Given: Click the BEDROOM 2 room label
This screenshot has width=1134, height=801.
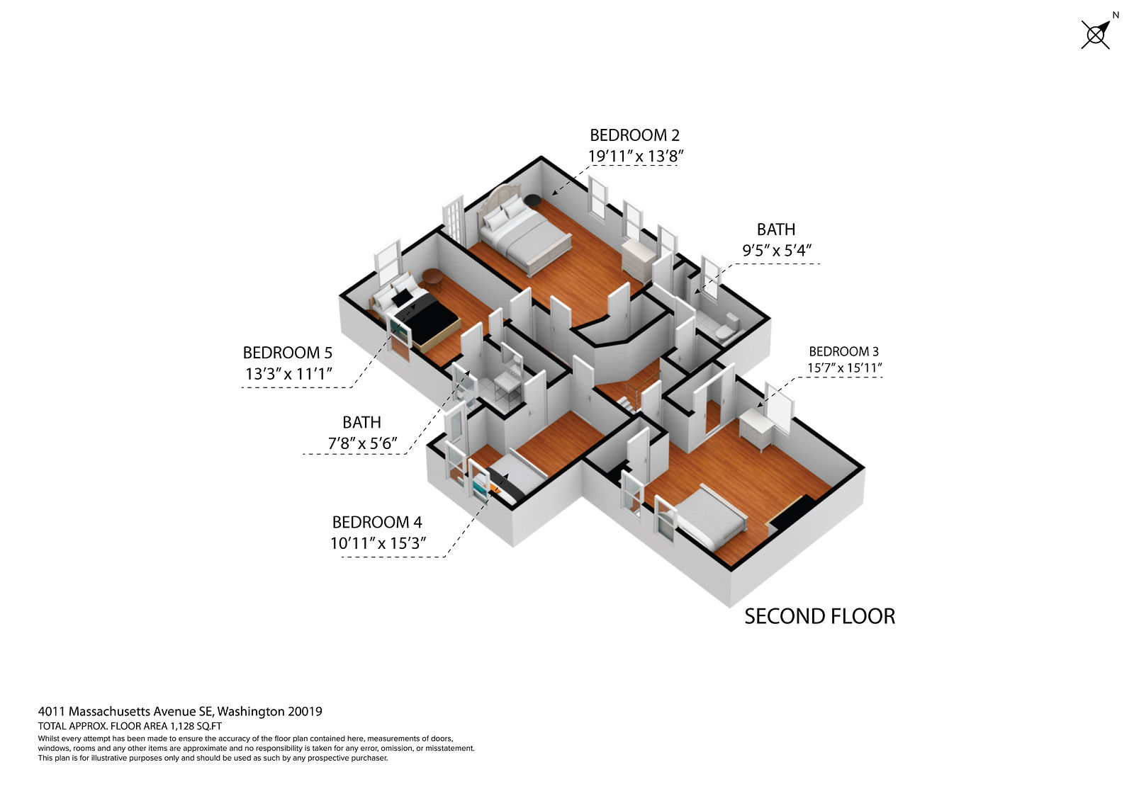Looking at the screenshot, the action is pyautogui.click(x=634, y=135).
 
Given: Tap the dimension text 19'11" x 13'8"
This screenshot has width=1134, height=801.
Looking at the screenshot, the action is pyautogui.click(x=635, y=157).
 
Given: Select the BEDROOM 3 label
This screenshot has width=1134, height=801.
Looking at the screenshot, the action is pyautogui.click(x=843, y=351).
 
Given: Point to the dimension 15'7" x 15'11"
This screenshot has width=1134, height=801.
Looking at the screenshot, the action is pyautogui.click(x=844, y=368).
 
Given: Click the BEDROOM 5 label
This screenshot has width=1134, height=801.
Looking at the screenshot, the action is pyautogui.click(x=288, y=353).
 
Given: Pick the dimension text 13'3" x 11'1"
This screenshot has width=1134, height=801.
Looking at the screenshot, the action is pyautogui.click(x=288, y=374).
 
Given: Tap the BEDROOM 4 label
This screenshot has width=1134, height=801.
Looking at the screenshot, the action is pyautogui.click(x=377, y=522).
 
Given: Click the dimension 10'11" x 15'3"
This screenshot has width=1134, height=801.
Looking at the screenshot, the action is pyautogui.click(x=378, y=543).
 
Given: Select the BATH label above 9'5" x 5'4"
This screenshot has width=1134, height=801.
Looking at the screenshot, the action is pyautogui.click(x=776, y=229).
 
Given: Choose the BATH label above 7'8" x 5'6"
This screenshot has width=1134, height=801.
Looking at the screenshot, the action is pyautogui.click(x=361, y=423).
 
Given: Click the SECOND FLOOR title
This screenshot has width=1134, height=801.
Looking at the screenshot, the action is pyautogui.click(x=819, y=616).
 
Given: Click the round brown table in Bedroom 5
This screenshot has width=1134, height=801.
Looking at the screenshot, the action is pyautogui.click(x=432, y=278).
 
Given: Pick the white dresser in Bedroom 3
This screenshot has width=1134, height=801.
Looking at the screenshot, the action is pyautogui.click(x=756, y=429).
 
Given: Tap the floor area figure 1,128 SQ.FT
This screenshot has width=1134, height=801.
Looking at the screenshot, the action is pyautogui.click(x=196, y=726).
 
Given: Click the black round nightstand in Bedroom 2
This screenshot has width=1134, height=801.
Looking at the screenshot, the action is pyautogui.click(x=532, y=200).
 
